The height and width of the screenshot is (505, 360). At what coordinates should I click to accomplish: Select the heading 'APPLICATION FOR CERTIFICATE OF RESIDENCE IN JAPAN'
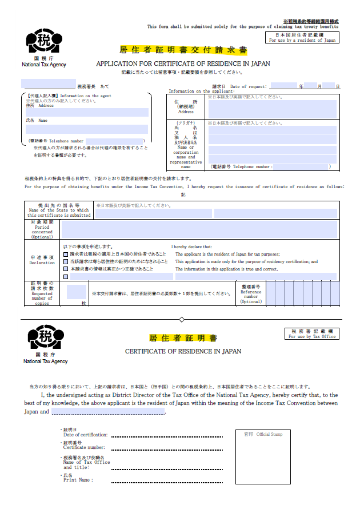click(x=183, y=63)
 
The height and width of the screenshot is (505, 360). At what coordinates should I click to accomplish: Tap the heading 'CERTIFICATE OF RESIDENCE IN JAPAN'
click(x=183, y=351)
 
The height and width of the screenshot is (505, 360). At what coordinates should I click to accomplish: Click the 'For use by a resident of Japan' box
click(x=303, y=38)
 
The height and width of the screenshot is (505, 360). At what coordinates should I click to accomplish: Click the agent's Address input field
click(x=87, y=112)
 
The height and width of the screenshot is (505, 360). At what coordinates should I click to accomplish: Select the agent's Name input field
click(x=87, y=129)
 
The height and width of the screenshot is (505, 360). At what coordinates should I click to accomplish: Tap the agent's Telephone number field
click(x=114, y=141)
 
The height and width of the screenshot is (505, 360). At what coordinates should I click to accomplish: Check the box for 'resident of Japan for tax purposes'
click(x=66, y=254)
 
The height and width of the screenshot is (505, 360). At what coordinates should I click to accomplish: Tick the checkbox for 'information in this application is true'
click(x=66, y=269)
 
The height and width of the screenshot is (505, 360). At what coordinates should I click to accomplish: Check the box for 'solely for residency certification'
click(x=66, y=261)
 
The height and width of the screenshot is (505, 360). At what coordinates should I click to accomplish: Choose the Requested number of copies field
click(x=76, y=292)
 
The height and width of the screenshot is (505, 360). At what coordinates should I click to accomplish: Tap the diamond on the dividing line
click(x=182, y=319)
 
